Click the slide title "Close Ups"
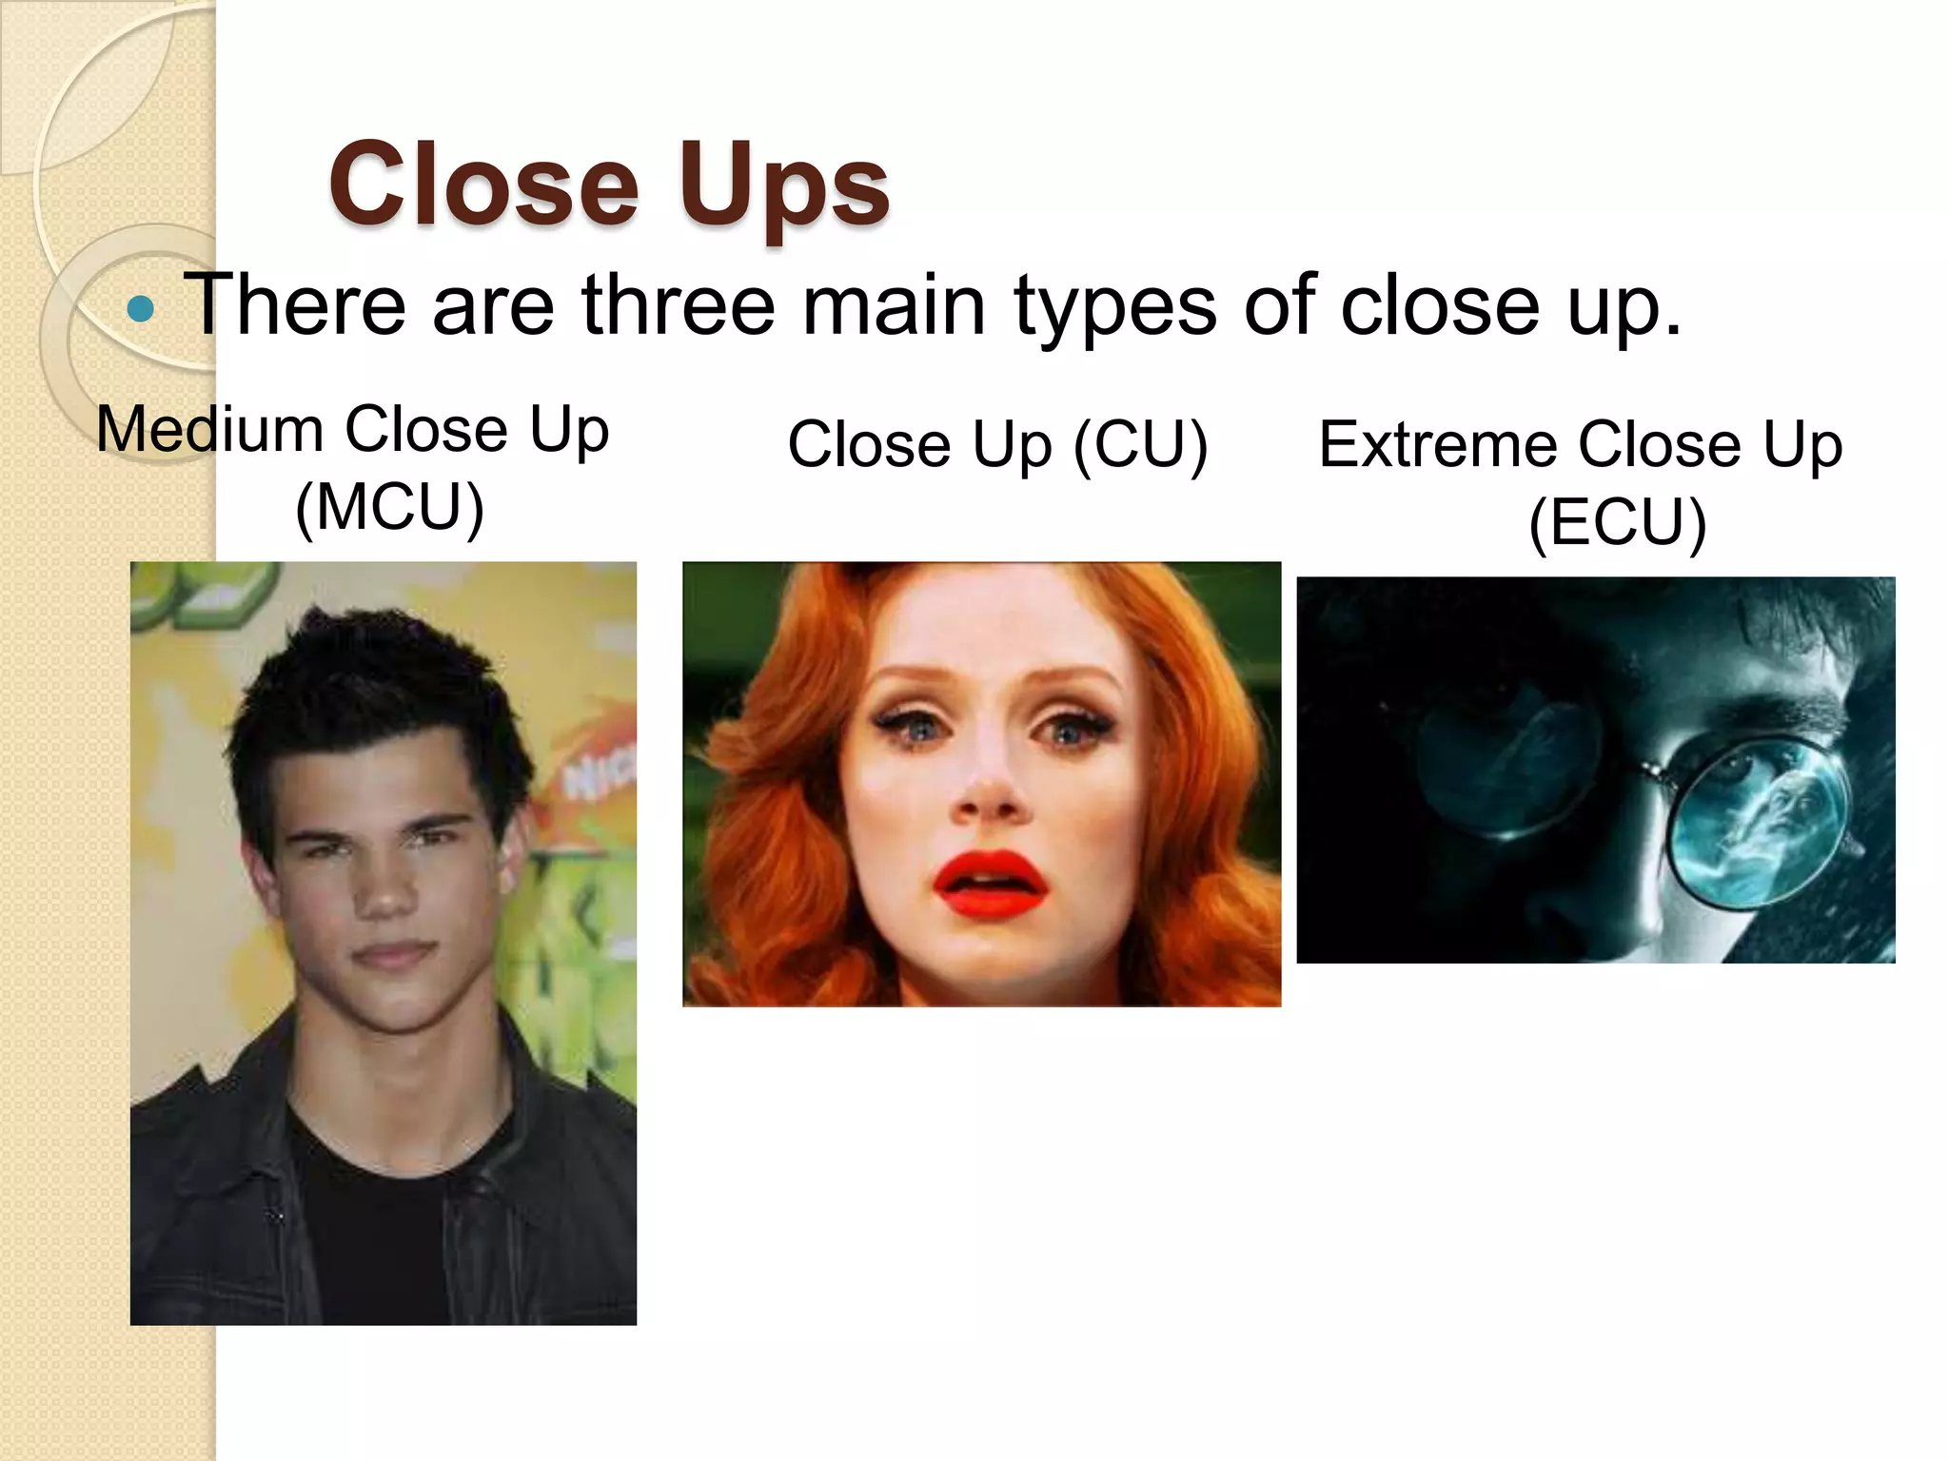(609, 184)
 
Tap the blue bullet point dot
(141, 309)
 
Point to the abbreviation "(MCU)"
(389, 507)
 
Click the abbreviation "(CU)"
(1140, 444)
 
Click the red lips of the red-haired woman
(990, 885)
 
